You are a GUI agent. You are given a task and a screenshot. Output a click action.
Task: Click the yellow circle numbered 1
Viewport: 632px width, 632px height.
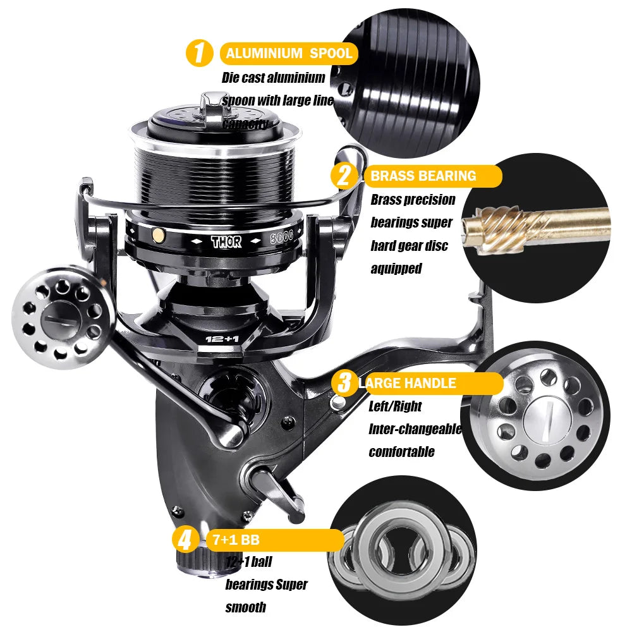pyautogui.click(x=200, y=53)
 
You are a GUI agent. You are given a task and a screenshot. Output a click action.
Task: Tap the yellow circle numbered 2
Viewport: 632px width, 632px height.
pyautogui.click(x=344, y=175)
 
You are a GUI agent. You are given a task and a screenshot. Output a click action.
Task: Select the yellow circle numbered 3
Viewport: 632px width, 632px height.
pyautogui.click(x=345, y=383)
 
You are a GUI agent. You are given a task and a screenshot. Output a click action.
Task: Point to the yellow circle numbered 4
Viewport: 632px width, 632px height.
pyautogui.click(x=185, y=540)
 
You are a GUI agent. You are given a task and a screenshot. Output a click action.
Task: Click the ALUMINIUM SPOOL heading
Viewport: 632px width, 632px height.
pyautogui.click(x=289, y=54)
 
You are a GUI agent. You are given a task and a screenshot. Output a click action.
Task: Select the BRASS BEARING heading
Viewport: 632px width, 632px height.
pyautogui.click(x=423, y=176)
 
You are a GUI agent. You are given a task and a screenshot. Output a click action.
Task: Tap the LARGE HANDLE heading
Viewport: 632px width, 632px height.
pyautogui.click(x=408, y=383)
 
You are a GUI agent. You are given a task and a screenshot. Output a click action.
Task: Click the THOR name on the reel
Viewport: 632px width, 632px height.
pyautogui.click(x=226, y=242)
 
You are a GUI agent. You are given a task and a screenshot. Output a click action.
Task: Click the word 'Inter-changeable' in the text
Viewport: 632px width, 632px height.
pyautogui.click(x=415, y=429)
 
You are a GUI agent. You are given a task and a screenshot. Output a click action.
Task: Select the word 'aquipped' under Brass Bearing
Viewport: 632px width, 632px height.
pyautogui.click(x=396, y=268)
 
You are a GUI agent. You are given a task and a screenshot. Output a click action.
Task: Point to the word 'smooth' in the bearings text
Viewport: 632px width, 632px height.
pyautogui.click(x=246, y=607)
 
